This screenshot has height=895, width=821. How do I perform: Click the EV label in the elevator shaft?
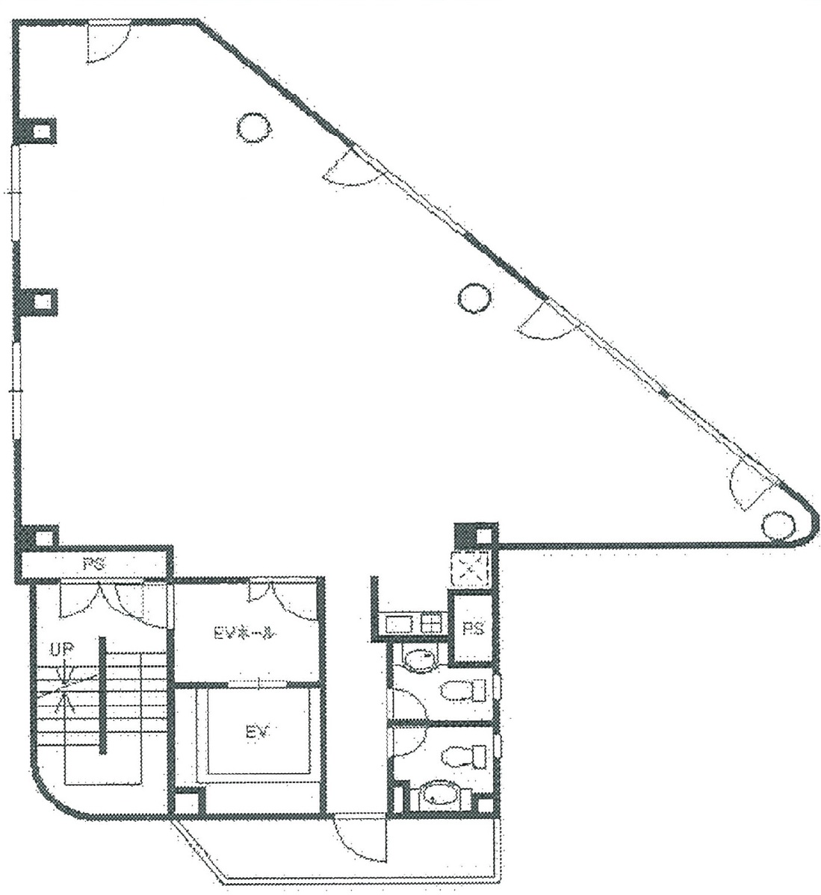tap(256, 731)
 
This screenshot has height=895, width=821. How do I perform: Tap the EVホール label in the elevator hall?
tap(245, 634)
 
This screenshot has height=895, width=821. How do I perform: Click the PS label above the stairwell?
tap(92, 565)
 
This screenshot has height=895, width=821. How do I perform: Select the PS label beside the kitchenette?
tap(473, 629)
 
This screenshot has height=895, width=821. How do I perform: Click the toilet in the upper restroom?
tap(463, 691)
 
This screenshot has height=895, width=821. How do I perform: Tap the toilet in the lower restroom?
tap(462, 758)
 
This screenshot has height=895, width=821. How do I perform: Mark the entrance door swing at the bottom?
tap(359, 840)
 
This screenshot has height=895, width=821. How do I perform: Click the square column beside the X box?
tap(474, 535)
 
